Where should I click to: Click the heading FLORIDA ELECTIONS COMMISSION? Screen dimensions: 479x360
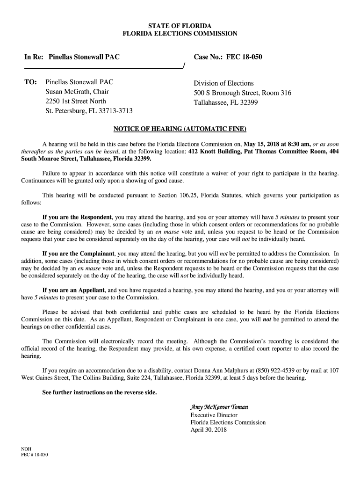180,34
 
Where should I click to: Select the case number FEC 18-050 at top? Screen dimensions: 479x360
244,57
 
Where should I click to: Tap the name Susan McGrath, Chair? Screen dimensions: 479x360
77,92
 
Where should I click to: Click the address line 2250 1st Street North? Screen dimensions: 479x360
76,101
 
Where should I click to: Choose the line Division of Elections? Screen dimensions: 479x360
224,83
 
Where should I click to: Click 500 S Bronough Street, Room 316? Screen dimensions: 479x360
243,93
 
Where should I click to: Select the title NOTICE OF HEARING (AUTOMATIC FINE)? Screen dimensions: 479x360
180,129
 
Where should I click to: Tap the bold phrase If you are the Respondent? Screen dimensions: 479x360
77,217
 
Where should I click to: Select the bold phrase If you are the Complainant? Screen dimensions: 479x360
79,254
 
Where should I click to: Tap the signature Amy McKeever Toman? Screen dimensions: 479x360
219,407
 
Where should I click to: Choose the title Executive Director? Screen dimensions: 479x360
214,415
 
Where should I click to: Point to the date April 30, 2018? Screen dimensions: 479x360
209,430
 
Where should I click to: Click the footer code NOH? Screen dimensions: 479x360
27,449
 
